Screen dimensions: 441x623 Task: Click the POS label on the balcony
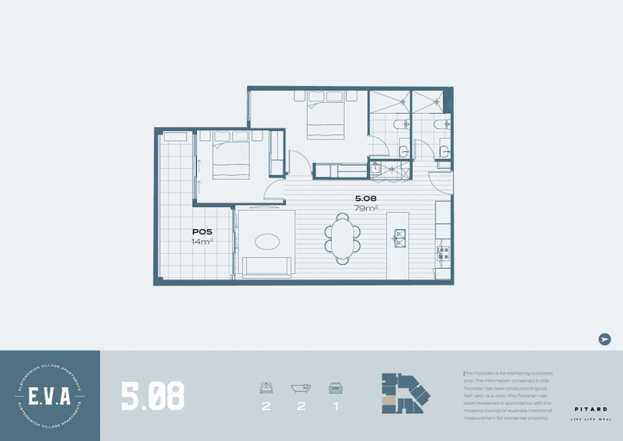(203, 232)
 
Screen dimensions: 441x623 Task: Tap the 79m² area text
(367, 208)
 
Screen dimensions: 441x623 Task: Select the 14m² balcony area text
(203, 242)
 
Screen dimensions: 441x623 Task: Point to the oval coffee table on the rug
(266, 242)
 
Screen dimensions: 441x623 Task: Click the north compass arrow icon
(604, 339)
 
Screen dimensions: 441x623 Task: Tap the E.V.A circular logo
(49, 396)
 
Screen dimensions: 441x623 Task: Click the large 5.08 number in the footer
(153, 396)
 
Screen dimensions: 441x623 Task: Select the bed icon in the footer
(266, 388)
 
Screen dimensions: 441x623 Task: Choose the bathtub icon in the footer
(301, 388)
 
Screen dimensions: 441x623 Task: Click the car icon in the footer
(336, 388)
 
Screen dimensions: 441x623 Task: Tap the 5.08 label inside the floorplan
(367, 198)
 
